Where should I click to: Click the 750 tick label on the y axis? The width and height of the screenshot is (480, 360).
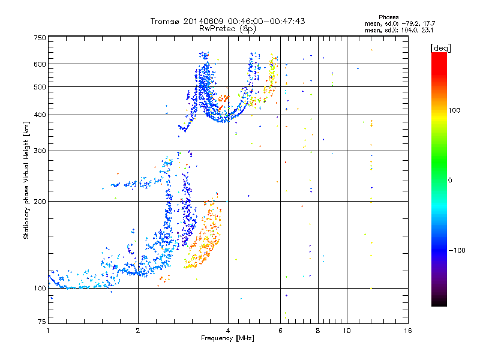click(40, 38)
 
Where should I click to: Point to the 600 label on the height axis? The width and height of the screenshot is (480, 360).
click(40, 64)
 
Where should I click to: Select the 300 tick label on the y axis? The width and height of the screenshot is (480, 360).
click(40, 151)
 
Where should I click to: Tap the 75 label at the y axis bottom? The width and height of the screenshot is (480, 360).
click(42, 322)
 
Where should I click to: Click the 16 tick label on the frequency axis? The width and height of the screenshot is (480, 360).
click(408, 331)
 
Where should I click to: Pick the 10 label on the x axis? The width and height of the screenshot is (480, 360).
click(347, 331)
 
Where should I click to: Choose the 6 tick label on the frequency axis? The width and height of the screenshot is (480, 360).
click(280, 331)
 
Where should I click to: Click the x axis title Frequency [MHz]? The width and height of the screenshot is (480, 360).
click(227, 338)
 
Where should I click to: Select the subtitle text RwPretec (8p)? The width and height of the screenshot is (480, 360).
click(227, 29)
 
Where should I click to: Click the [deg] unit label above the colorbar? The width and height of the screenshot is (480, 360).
click(440, 49)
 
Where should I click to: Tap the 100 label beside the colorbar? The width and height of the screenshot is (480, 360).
click(454, 110)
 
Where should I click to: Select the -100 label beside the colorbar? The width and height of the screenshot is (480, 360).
click(457, 250)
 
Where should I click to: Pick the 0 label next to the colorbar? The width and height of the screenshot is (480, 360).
click(450, 181)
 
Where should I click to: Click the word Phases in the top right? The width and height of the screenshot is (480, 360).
click(388, 17)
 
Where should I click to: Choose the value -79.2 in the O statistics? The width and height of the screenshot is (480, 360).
click(411, 24)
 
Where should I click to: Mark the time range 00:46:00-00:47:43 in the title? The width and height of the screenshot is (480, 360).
click(266, 21)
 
